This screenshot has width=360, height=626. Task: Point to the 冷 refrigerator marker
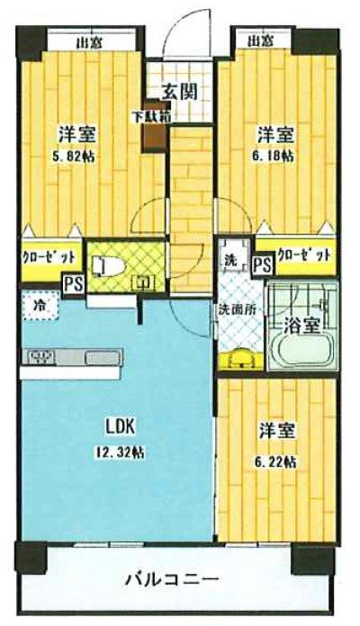(40, 303)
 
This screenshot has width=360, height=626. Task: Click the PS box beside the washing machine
(262, 264)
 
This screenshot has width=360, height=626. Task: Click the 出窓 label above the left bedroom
(86, 41)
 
